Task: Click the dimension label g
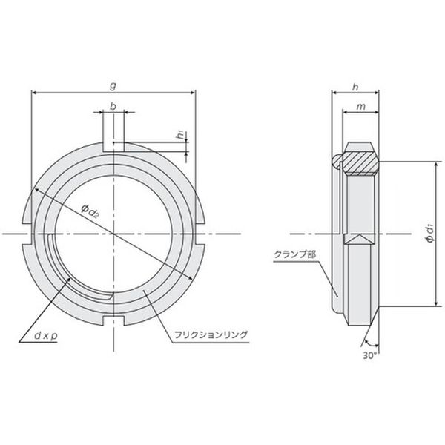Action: coord(113,85)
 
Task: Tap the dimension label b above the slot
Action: coord(113,106)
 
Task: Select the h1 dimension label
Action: coord(181,135)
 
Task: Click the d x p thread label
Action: coord(46,336)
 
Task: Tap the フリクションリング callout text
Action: coord(211,335)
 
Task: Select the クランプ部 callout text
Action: coord(294,254)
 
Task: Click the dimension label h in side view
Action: coord(355,88)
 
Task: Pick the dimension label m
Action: coord(360,107)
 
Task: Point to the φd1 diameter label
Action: coord(430,234)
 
